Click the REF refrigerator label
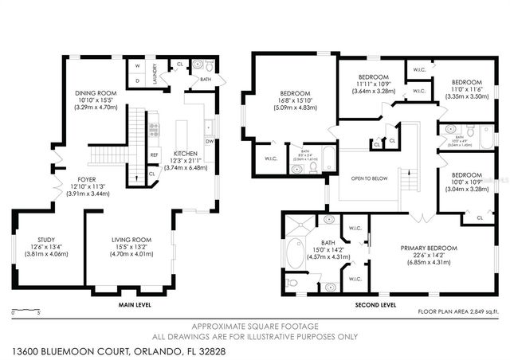click(155, 155)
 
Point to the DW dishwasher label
click(209, 142)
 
